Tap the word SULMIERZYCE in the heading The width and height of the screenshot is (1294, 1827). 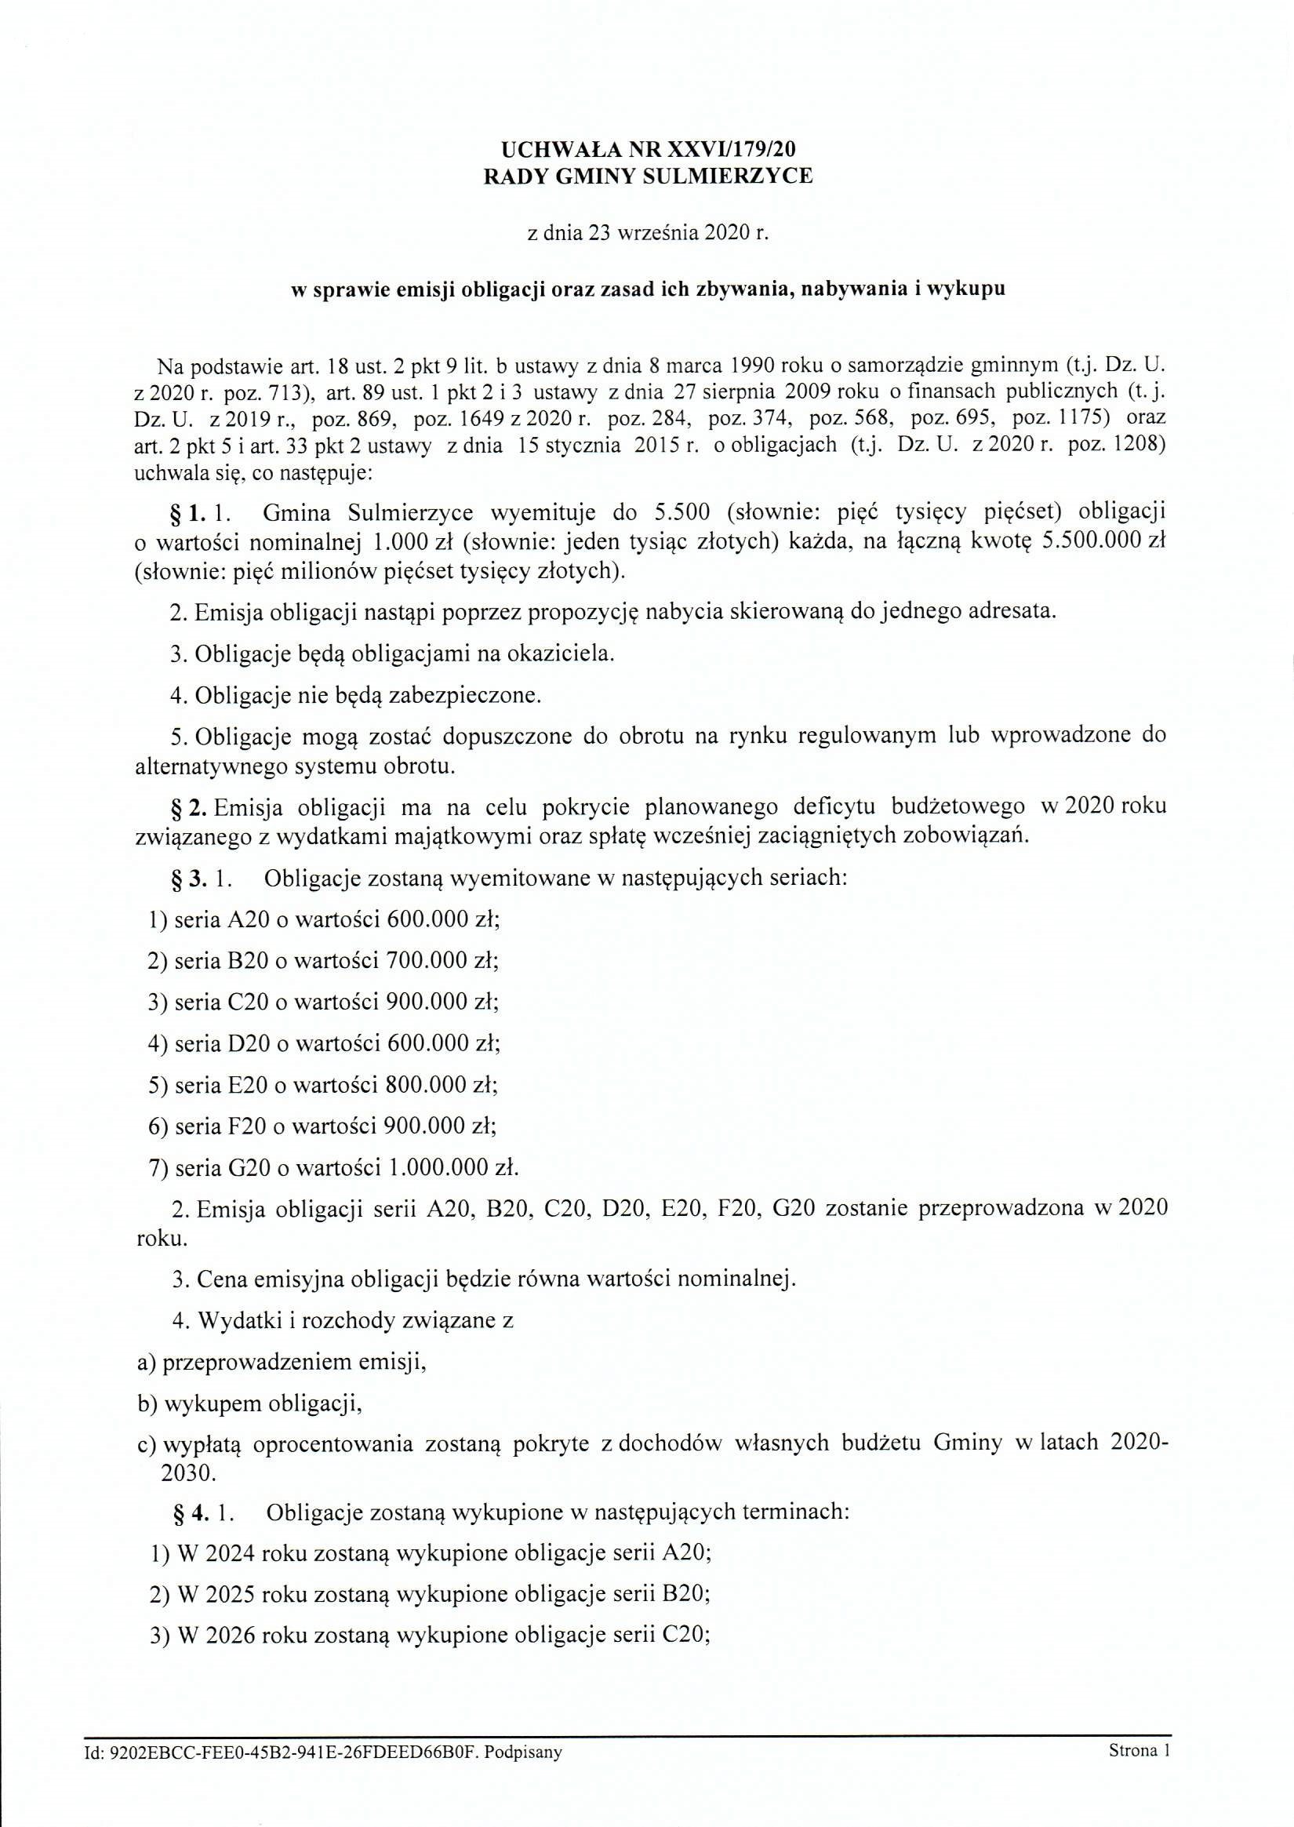pyautogui.click(x=728, y=176)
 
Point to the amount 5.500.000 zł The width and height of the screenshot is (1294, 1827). pyautogui.click(x=1099, y=542)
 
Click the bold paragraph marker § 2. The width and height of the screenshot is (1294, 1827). pyautogui.click(x=190, y=807)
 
